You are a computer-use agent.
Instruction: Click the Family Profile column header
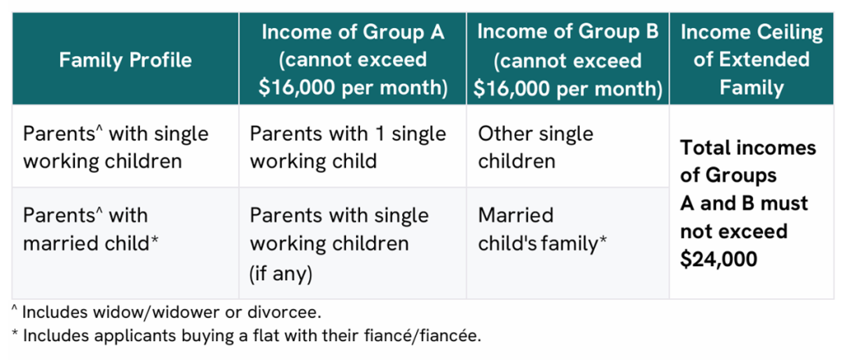(x=125, y=59)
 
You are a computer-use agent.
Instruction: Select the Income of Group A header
(x=353, y=59)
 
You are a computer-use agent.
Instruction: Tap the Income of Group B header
(x=567, y=59)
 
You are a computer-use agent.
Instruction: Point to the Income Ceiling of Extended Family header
(x=752, y=59)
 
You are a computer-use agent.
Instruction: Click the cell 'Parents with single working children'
(x=115, y=146)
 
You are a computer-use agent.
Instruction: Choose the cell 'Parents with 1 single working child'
(x=348, y=146)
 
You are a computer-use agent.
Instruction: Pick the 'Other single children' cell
(x=535, y=146)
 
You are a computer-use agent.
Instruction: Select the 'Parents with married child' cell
(x=91, y=229)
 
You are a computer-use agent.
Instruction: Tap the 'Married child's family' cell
(x=543, y=229)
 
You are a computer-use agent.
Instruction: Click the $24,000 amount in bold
(x=719, y=259)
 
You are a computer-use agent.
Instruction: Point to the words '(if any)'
(x=281, y=273)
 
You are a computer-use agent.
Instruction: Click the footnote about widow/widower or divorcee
(x=166, y=312)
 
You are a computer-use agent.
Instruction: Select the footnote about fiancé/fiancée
(x=246, y=336)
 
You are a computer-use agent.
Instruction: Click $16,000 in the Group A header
(x=302, y=88)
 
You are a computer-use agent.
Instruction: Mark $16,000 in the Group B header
(x=516, y=88)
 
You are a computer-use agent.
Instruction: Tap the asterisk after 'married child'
(x=155, y=240)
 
